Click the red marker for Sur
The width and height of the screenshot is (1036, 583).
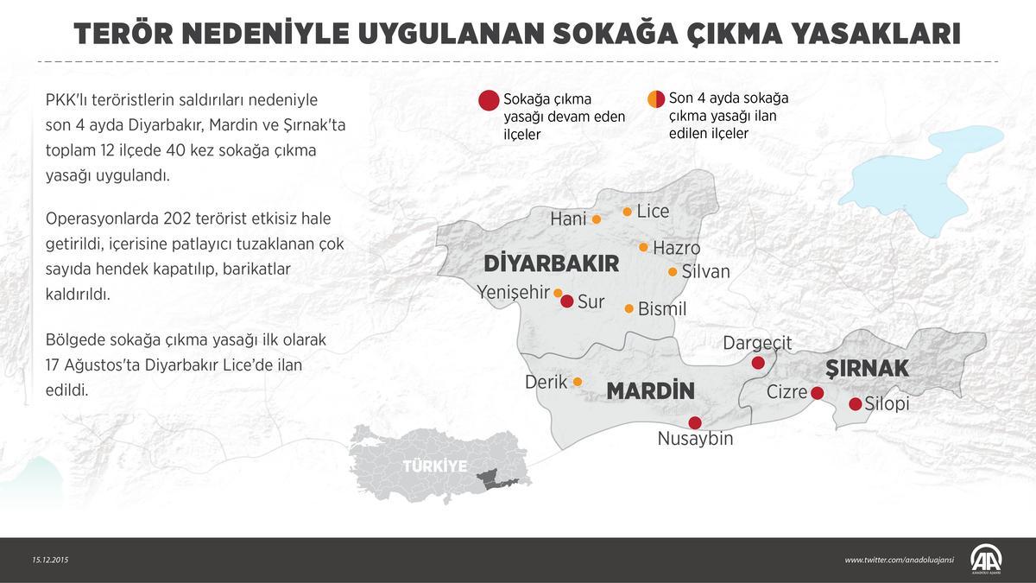click(x=566, y=301)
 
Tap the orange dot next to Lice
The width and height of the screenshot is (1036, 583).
click(x=628, y=212)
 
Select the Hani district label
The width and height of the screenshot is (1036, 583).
click(x=568, y=219)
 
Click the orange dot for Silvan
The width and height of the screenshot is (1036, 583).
click(x=673, y=272)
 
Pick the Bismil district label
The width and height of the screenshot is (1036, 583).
click(x=662, y=308)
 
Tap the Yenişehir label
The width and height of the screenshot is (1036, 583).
click(x=513, y=292)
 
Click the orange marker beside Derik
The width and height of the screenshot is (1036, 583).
click(x=578, y=382)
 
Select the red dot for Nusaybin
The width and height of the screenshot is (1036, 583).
click(x=695, y=422)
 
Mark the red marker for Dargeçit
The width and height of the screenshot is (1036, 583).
click(x=758, y=363)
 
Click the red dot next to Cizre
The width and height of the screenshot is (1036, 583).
click(x=817, y=394)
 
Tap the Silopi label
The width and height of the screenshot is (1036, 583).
click(x=888, y=404)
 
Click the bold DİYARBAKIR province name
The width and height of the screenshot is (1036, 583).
click(x=552, y=263)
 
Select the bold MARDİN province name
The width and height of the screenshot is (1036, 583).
click(x=650, y=391)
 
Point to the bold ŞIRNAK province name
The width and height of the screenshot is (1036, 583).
click(x=867, y=369)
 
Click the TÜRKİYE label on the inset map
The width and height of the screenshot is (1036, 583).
click(x=435, y=466)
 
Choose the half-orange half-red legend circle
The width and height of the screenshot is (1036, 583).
click(x=656, y=98)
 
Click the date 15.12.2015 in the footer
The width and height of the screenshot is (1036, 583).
click(x=50, y=560)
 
